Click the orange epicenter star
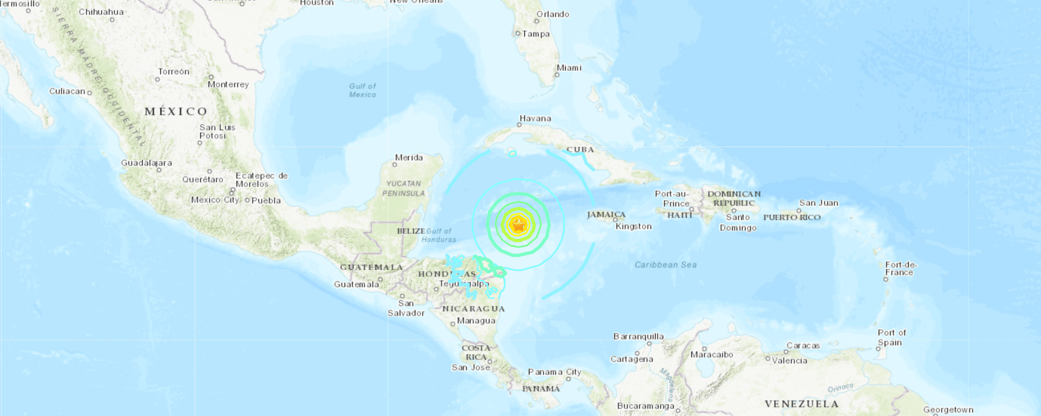click(519, 224)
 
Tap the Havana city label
click(535, 118)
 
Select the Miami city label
click(569, 68)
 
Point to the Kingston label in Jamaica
click(633, 226)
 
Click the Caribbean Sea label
click(665, 265)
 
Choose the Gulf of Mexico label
click(362, 90)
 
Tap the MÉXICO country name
click(176, 112)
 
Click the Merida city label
click(408, 158)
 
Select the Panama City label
click(554, 372)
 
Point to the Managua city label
click(475, 321)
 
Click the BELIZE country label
click(410, 231)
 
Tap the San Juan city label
click(818, 203)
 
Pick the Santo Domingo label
click(738, 222)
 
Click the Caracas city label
click(803, 346)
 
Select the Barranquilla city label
click(638, 336)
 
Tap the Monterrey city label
click(228, 84)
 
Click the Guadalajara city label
click(146, 162)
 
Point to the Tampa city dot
click(518, 34)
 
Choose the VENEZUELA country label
click(801, 404)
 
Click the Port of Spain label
click(891, 337)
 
